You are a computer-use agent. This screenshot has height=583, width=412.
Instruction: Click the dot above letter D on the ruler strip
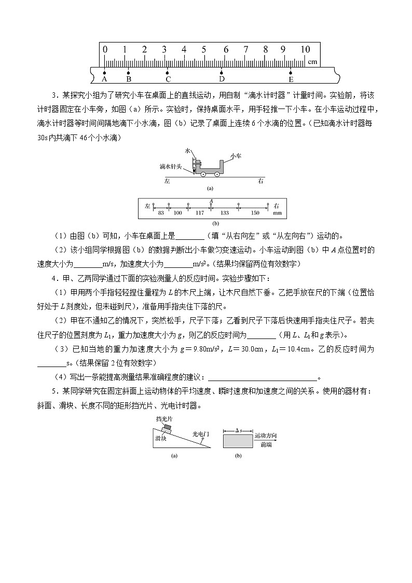pos(222,73)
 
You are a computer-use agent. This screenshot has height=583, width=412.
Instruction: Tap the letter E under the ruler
pos(291,79)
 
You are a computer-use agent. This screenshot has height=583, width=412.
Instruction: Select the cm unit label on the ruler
pos(312,61)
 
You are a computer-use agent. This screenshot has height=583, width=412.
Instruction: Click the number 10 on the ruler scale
pos(305,50)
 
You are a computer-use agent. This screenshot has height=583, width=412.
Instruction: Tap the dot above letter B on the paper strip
pos(129,73)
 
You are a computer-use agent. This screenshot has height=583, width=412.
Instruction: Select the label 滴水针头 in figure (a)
pos(170,167)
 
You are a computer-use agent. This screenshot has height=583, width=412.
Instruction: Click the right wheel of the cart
pos(217,174)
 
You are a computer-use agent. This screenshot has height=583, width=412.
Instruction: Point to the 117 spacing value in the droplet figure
pos(199,213)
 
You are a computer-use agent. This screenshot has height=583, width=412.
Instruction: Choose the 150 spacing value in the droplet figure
pos(255,213)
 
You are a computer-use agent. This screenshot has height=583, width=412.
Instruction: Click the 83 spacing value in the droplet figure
pos(161,213)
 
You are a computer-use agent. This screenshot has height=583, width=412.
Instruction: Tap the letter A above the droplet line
pos(211,200)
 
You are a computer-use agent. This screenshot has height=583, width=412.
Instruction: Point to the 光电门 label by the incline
pos(199,433)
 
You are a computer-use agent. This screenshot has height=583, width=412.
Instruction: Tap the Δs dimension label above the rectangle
pos(237,430)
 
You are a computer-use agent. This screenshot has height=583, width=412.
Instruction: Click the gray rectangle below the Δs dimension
pos(237,441)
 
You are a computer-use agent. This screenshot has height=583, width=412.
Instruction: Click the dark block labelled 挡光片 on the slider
pos(167,428)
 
